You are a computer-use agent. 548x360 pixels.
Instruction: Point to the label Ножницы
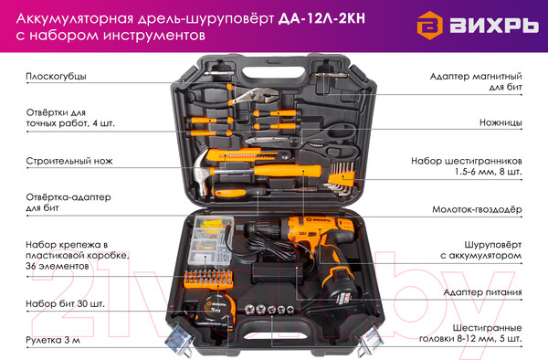click(x=501, y=122)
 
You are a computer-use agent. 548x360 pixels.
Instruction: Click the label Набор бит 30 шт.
click(x=65, y=302)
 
